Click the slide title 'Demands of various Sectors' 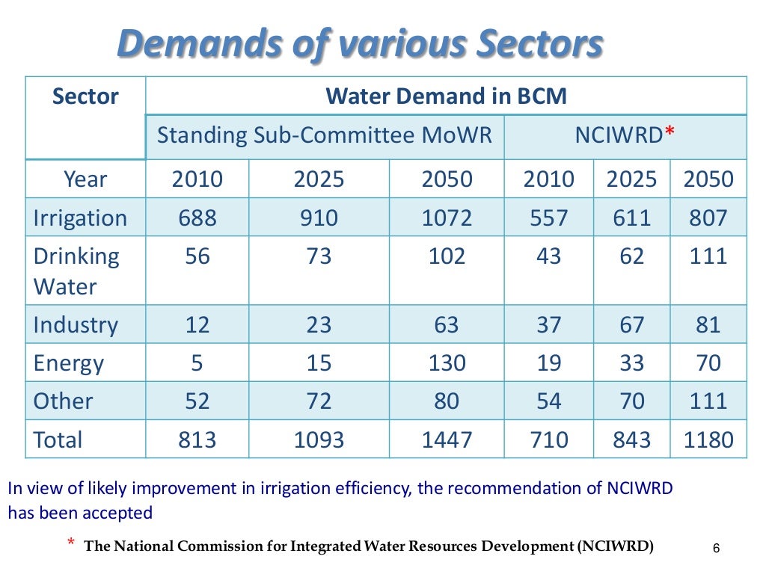(360, 45)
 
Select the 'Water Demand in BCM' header (446, 96)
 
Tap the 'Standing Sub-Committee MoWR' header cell (325, 135)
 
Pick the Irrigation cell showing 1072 (447, 217)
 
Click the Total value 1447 (447, 439)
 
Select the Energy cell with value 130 (447, 363)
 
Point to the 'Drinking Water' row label (76, 271)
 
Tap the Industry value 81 (708, 324)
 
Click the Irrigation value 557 (548, 217)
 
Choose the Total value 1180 (708, 439)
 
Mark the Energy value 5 (197, 363)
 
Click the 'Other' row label (64, 401)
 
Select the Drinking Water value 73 (319, 256)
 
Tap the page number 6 (716, 549)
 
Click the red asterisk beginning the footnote (71, 543)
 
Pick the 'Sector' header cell (85, 96)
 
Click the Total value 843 (632, 439)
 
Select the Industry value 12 (197, 324)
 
